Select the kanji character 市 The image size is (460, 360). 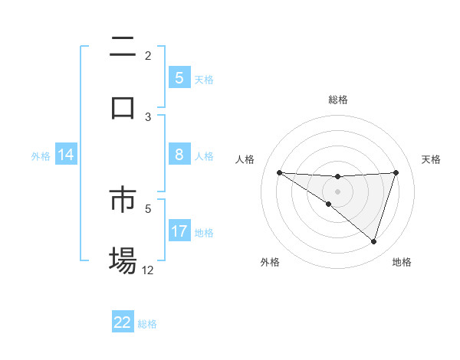123,201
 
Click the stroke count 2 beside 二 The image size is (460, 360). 148,55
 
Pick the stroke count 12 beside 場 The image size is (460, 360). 148,270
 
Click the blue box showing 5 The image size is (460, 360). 179,77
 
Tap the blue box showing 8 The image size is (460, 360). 179,155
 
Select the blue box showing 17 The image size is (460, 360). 179,231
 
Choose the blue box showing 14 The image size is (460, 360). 66,155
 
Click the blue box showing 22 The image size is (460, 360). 123,322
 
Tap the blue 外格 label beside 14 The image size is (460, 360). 40,155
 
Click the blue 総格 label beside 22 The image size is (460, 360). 147,324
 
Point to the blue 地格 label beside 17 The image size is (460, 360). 204,232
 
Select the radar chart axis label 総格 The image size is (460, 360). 337,100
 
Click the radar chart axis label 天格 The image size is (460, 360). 432,159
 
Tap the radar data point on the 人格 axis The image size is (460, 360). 279,172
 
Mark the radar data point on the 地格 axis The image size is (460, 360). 373,241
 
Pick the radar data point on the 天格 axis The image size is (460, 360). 396,172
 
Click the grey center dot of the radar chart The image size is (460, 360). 337,191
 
